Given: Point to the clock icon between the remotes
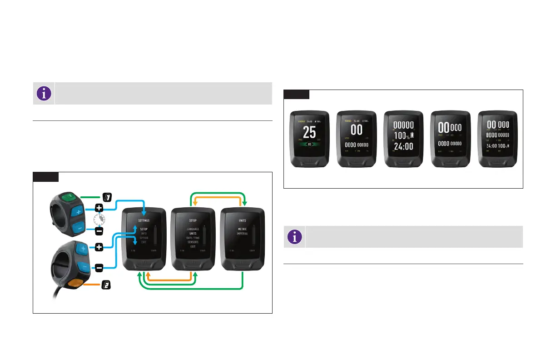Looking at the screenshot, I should [99, 220].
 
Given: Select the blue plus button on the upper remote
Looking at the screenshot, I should [78, 212].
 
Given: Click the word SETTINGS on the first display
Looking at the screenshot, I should [144, 220].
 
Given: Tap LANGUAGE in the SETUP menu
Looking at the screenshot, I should [193, 229].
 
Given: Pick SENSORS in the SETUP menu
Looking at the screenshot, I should [193, 242].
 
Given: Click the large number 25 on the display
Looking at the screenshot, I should [309, 132].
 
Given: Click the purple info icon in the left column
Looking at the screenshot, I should [44, 93].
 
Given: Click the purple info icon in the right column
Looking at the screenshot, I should [295, 237].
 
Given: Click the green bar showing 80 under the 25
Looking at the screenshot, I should [309, 144].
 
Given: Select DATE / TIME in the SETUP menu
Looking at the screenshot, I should [193, 238].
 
